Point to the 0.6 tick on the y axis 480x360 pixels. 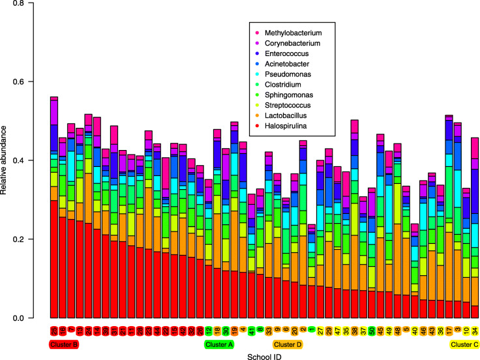[27, 82]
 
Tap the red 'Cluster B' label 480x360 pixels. [63, 344]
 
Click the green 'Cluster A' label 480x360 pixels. [219, 344]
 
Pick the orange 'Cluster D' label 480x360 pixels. [287, 344]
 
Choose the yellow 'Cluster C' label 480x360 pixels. [464, 344]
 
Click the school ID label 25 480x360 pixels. [54, 331]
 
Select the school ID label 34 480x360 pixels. [475, 331]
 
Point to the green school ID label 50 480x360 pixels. [372, 331]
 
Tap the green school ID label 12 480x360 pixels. [209, 331]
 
